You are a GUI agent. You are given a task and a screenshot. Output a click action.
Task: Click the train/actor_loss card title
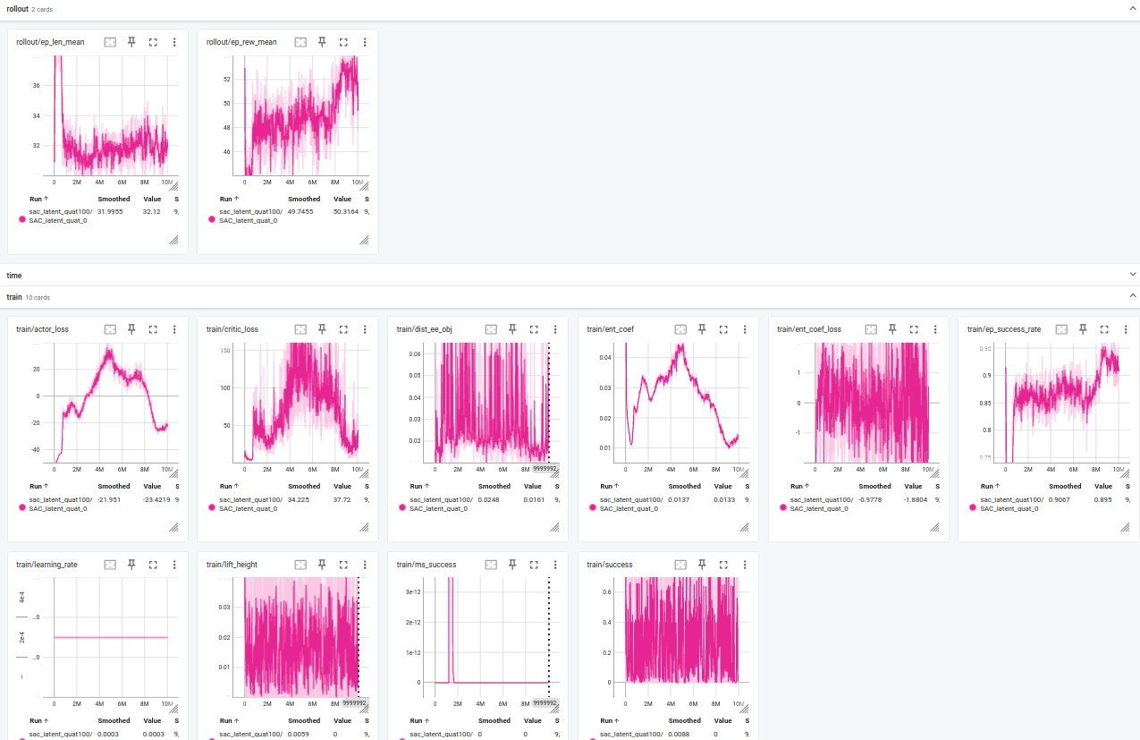pyautogui.click(x=42, y=329)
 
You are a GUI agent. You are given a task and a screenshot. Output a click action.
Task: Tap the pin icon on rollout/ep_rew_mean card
pyautogui.click(x=322, y=42)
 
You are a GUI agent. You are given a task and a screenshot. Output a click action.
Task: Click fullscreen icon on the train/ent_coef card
pyautogui.click(x=723, y=329)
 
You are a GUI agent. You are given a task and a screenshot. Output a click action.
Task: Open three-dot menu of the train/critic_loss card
pyautogui.click(x=365, y=329)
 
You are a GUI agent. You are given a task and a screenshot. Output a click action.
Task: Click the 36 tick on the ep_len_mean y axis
pyautogui.click(x=36, y=86)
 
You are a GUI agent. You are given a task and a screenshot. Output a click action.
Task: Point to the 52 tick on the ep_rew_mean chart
pyautogui.click(x=226, y=79)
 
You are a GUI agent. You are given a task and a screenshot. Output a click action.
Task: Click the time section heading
pyautogui.click(x=14, y=275)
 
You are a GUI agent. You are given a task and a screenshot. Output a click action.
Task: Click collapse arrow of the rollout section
pyautogui.click(x=1133, y=7)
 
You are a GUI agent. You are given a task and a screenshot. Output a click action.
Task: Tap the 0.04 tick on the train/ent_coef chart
pyautogui.click(x=606, y=357)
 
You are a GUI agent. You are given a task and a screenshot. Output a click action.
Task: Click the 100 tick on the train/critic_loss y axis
pyautogui.click(x=225, y=387)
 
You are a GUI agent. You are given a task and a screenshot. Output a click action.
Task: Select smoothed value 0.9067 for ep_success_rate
pyautogui.click(x=1064, y=499)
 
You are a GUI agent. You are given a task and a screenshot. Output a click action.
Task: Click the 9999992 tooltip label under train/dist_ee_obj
pyautogui.click(x=545, y=468)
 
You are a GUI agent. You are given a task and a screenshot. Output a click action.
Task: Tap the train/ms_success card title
pyautogui.click(x=426, y=565)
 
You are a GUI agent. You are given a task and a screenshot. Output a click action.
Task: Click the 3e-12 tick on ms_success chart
pyautogui.click(x=413, y=592)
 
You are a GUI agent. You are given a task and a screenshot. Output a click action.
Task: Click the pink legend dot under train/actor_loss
pyautogui.click(x=21, y=507)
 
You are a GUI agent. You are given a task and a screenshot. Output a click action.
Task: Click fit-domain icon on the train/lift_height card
pyautogui.click(x=300, y=565)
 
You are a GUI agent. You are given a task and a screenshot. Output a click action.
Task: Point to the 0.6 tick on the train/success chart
pyautogui.click(x=606, y=591)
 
